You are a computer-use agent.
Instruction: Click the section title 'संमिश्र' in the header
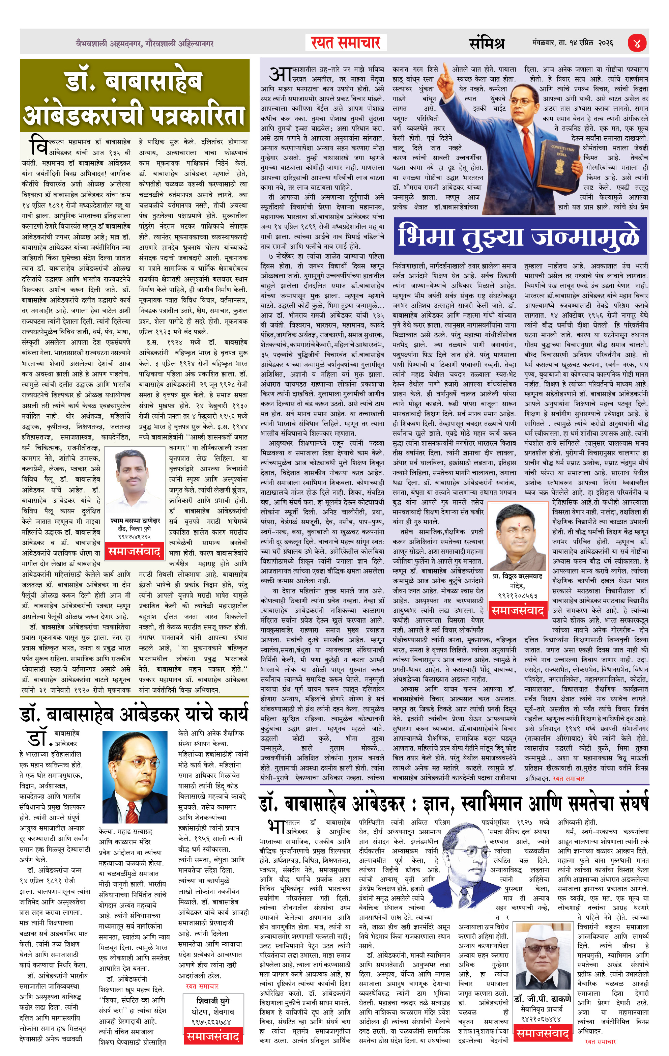[x=487, y=43]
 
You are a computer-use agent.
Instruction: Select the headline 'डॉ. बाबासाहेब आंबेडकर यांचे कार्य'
[x=134, y=715]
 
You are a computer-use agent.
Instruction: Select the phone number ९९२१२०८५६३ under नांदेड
[x=517, y=595]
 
